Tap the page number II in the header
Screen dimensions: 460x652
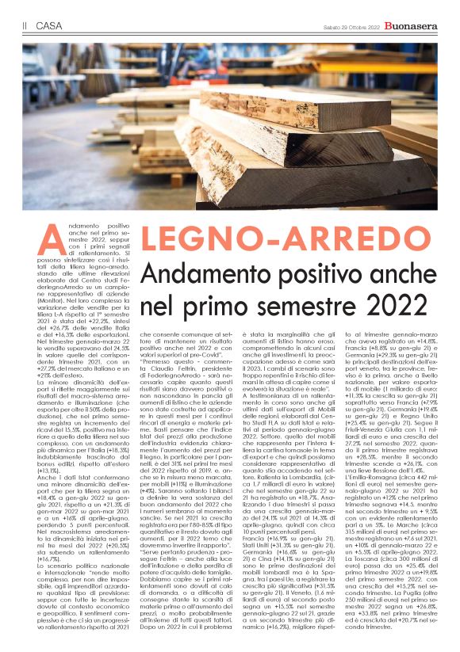point(25,26)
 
